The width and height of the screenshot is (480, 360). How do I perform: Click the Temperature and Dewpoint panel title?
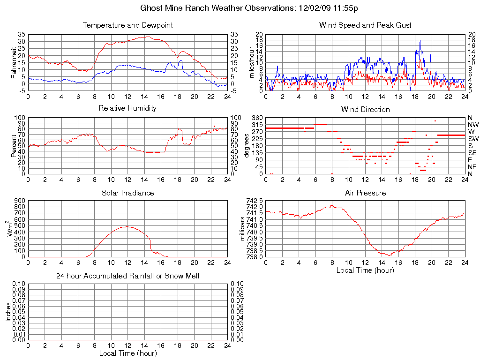127,25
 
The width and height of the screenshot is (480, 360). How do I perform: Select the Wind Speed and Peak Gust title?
365,25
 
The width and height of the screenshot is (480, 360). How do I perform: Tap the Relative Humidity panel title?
127,108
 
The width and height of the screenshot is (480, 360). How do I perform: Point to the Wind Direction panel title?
365,109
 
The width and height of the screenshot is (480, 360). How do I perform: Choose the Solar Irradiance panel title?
127,193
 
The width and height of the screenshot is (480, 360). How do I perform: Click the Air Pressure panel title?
365,193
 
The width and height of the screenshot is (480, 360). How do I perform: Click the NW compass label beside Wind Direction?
473,125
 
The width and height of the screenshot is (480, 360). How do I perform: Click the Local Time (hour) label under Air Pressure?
365,270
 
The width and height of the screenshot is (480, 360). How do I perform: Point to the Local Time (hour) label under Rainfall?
127,353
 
